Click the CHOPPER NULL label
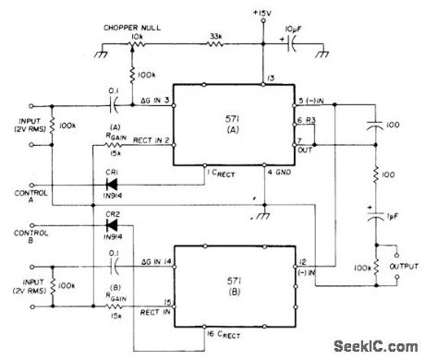tap(133, 29)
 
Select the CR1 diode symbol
tap(116, 183)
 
